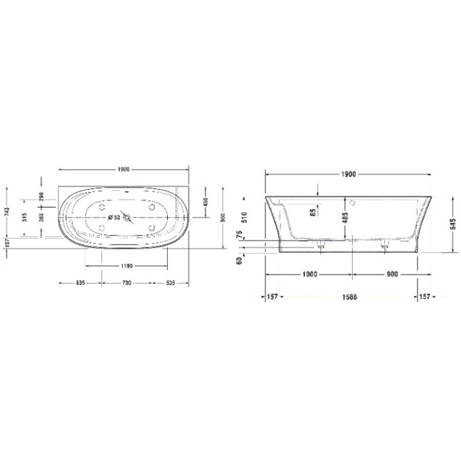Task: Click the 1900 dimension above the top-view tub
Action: tap(124, 170)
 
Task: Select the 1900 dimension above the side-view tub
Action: tap(348, 174)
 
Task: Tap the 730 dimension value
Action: tap(125, 282)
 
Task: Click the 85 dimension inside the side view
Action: tap(312, 213)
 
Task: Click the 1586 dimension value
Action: tap(348, 297)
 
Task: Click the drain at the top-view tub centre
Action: tap(127, 218)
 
